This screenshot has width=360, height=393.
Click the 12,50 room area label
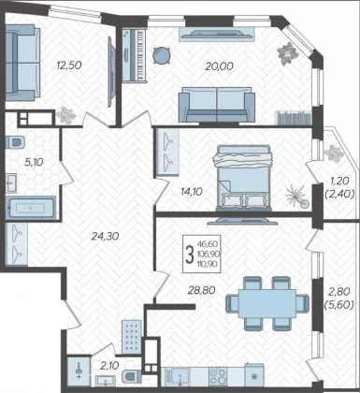click(69, 65)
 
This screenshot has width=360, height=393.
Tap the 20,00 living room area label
click(219, 66)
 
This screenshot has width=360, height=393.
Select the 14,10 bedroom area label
click(191, 192)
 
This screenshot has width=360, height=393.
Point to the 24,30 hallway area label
click(105, 236)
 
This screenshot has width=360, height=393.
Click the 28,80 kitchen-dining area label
click(201, 290)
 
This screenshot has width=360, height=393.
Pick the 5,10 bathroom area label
click(35, 162)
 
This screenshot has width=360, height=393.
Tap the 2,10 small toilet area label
click(110, 365)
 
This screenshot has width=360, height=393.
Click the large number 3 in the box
click(189, 254)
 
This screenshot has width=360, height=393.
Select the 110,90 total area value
click(208, 264)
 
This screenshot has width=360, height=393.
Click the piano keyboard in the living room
click(134, 55)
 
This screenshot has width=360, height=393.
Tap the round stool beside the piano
click(162, 55)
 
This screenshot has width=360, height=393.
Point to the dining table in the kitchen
click(267, 303)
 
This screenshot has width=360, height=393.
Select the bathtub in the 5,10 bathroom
click(31, 207)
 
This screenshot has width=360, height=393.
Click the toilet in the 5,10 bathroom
click(15, 142)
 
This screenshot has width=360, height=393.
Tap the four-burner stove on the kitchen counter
click(218, 376)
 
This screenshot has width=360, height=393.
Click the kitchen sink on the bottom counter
click(177, 376)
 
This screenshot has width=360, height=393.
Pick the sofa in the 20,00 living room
click(217, 105)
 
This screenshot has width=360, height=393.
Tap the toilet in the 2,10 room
click(131, 376)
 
